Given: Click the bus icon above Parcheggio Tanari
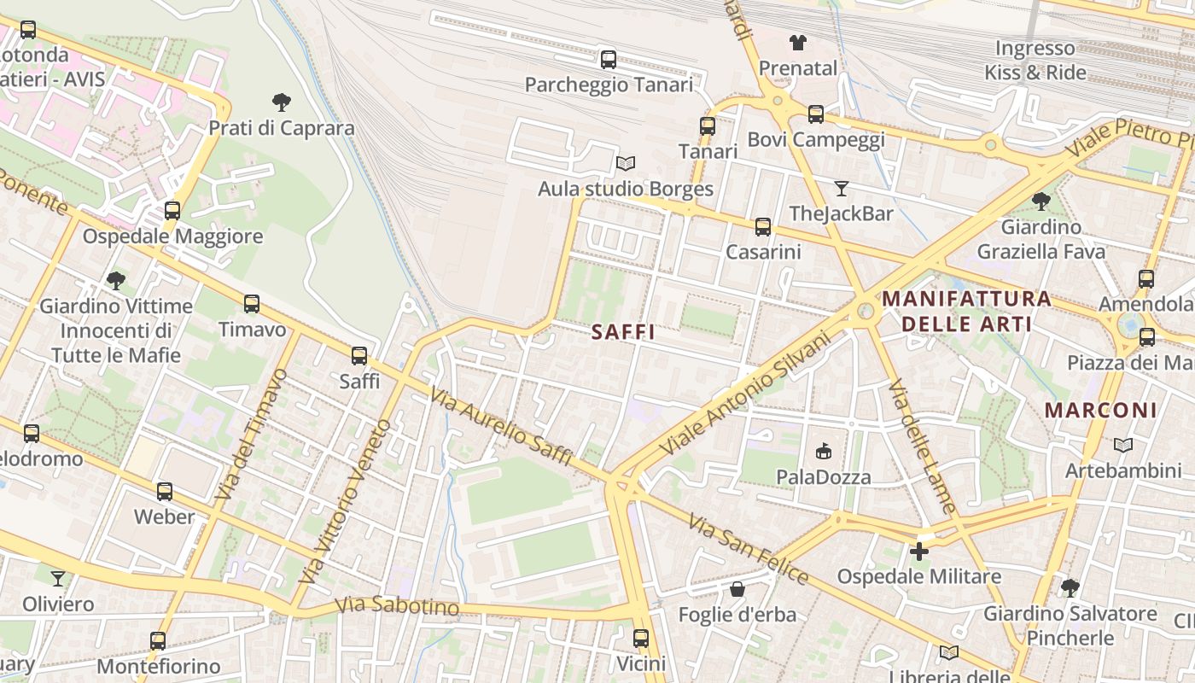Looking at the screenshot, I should click(608, 59).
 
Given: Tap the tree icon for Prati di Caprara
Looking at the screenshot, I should click(282, 102).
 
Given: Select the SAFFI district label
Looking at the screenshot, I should click(623, 332).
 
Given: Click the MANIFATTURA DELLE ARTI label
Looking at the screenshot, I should click(966, 312).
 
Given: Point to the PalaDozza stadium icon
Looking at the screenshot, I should click(824, 451).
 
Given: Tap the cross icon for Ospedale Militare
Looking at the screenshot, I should click(918, 551).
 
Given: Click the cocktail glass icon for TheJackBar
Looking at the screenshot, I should click(842, 188).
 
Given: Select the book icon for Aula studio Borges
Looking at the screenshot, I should click(626, 163).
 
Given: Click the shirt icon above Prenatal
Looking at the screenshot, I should click(797, 42).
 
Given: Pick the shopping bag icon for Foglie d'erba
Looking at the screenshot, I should click(737, 589).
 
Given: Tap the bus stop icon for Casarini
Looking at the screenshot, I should click(762, 226).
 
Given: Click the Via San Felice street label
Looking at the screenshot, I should click(748, 550).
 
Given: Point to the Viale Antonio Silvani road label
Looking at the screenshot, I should click(744, 393).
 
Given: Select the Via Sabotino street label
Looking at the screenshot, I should click(397, 606).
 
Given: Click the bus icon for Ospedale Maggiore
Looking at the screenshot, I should click(172, 210).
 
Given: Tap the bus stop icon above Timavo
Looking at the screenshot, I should click(251, 303).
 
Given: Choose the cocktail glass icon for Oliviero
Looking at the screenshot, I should click(57, 579).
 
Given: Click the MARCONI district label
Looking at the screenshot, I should click(1100, 410).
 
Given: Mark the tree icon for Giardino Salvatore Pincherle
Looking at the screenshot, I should click(1070, 587).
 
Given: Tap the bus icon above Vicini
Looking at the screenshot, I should click(640, 638).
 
